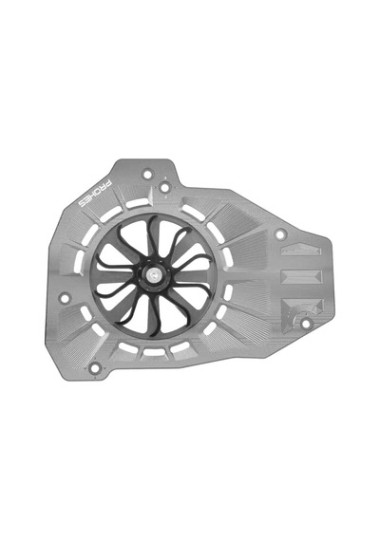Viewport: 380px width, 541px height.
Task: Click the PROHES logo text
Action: pos(95,194)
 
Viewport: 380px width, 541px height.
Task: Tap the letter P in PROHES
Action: pos(108,183)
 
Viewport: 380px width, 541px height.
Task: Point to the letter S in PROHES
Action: pos(83,204)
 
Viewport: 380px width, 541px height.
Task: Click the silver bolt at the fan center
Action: pos(152,275)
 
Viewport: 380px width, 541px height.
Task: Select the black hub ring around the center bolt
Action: pos(152,275)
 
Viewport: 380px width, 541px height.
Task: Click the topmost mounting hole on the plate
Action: pos(147,174)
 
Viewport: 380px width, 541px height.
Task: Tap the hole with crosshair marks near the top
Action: pos(164,188)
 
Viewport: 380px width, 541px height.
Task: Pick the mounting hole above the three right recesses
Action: pos(280,234)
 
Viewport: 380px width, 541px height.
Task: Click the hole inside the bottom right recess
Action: pos(305,324)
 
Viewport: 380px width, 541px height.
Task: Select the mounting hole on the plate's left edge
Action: pos(65,298)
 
